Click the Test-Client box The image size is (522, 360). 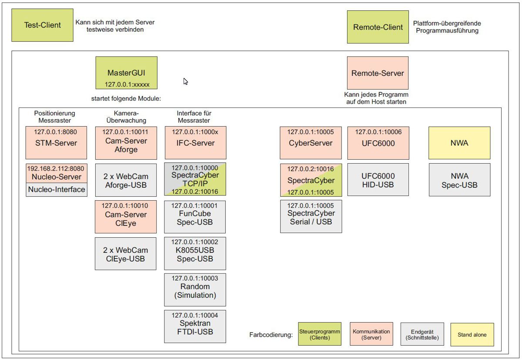(43, 25)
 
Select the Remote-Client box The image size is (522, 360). (378, 27)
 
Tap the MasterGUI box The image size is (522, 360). (126, 73)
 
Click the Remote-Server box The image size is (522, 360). (378, 73)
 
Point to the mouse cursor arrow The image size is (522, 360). (185, 81)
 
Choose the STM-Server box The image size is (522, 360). (56, 143)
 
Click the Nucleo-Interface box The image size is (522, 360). (57, 189)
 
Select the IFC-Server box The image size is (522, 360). (195, 143)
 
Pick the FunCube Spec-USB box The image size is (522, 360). (195, 217)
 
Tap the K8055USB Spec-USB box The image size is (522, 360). (195, 253)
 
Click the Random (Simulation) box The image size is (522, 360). (195, 290)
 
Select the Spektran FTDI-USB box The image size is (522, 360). (195, 326)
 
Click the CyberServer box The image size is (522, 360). (311, 143)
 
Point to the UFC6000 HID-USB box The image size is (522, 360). (378, 179)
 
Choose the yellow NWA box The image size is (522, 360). (459, 143)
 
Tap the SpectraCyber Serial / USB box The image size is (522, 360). (311, 216)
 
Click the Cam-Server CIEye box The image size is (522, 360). (126, 217)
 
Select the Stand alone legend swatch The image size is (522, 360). (472, 335)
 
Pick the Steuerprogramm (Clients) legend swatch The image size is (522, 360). (319, 334)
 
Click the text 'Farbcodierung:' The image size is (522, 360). (271, 335)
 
